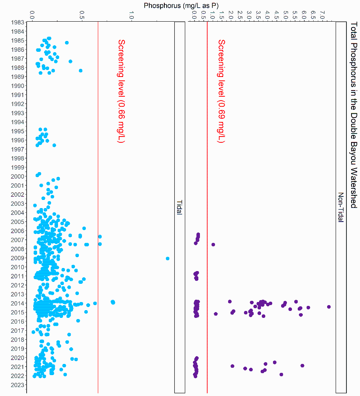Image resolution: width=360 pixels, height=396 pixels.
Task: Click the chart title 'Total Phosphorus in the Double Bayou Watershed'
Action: (353, 115)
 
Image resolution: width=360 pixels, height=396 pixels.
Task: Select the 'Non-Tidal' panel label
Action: (341, 207)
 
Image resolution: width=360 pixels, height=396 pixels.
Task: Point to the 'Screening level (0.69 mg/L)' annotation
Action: (221, 91)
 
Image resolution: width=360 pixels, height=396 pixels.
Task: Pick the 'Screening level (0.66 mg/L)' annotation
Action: (121, 91)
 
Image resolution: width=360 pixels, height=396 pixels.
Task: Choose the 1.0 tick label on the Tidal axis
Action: (131, 15)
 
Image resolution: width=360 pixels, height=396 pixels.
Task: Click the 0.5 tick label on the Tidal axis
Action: (82, 15)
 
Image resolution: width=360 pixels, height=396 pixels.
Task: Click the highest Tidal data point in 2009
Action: (167, 258)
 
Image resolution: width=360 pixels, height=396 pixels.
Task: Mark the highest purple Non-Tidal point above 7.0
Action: (329, 307)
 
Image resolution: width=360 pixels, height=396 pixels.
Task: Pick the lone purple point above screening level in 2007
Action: (213, 244)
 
